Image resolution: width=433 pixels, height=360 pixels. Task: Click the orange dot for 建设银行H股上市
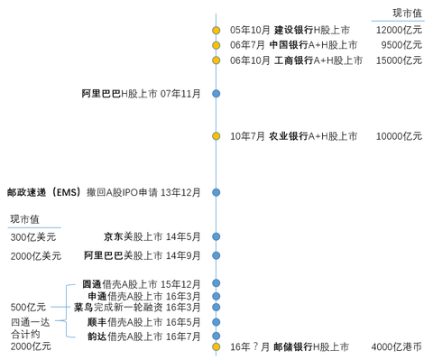point(216,31)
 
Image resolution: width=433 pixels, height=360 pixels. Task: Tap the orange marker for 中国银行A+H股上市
point(216,45)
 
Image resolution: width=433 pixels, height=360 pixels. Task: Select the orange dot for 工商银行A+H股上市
point(216,60)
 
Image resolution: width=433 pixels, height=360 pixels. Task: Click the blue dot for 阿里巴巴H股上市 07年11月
point(216,93)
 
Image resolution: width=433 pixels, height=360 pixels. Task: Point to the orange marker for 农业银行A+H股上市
point(216,136)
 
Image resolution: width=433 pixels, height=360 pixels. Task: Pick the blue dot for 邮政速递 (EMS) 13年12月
point(216,191)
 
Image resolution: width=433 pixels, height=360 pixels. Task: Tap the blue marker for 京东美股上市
point(216,235)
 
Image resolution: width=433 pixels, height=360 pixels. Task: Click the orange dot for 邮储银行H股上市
point(216,346)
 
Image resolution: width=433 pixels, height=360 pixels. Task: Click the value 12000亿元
point(399,31)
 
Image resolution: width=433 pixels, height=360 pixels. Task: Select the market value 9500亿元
point(401,45)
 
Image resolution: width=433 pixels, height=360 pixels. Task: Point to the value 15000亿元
point(399,60)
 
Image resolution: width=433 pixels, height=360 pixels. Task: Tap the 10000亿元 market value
point(399,136)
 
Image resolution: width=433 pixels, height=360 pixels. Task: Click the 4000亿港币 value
point(396,346)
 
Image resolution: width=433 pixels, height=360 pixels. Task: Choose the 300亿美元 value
point(33,236)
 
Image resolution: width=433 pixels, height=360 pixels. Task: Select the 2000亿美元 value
point(36,256)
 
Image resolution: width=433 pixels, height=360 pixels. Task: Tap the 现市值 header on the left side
point(24,219)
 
